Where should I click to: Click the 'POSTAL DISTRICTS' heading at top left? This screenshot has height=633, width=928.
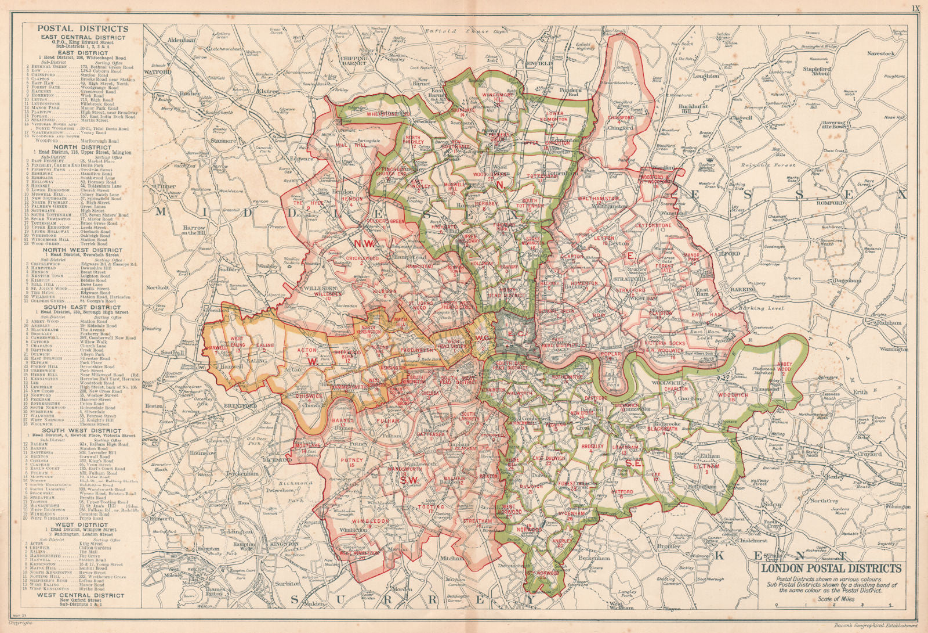click(83, 28)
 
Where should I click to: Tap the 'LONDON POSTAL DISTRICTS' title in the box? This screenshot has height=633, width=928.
click(831, 569)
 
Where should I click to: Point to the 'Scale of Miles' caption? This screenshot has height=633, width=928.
click(832, 599)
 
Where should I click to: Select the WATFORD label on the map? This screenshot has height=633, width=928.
click(155, 73)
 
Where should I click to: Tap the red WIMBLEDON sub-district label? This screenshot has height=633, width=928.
click(369, 521)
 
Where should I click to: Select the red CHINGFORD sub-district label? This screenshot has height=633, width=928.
click(620, 117)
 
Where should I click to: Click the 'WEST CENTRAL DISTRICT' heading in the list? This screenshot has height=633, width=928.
click(81, 595)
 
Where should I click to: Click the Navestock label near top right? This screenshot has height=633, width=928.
click(882, 53)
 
